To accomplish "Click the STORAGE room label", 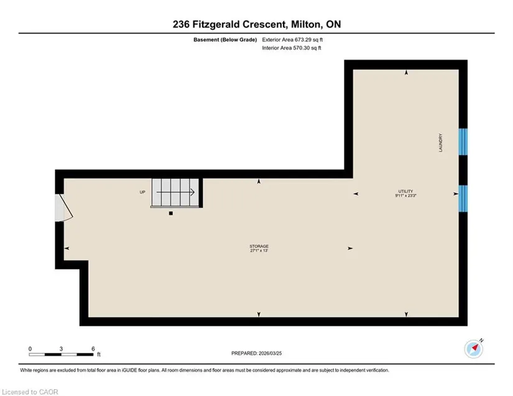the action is point(259,246).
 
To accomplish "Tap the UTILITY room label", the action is point(405,191).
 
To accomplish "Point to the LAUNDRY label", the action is point(440,142).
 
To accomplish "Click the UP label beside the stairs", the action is point(142,192).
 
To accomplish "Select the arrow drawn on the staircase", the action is point(176,192).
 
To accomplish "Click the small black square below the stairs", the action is point(171,213).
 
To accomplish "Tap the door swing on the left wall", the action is point(64,208).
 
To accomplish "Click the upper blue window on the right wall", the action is point(463,142).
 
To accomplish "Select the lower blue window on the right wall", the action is point(463,198).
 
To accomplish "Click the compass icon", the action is point(474,349).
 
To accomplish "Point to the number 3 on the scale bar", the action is point(61,349).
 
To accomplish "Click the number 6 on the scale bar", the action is point(93,349).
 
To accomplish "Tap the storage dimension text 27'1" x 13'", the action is point(259,251).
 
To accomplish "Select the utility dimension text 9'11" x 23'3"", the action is point(405,196).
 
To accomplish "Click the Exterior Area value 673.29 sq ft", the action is point(309,40).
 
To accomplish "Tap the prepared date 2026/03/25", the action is point(270,353).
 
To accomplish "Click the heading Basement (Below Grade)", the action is point(225,40).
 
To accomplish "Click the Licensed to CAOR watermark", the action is point(30,392).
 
